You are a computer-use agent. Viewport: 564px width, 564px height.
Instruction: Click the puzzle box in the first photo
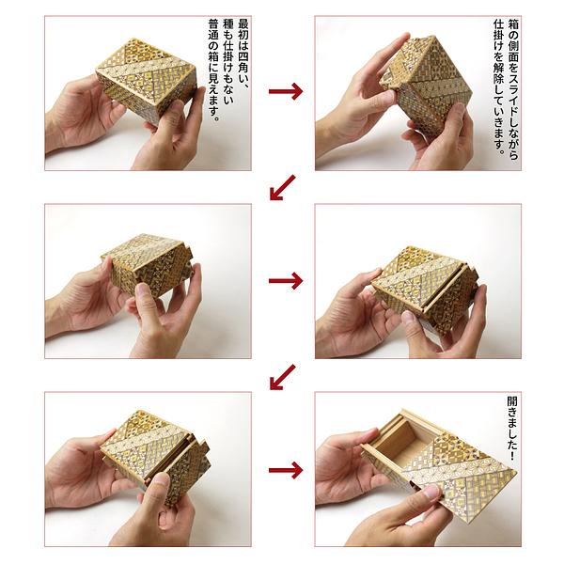[x=147, y=81]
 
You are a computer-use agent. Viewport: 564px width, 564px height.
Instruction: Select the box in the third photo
[x=149, y=264]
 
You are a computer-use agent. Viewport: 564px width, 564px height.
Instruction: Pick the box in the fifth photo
[x=155, y=451]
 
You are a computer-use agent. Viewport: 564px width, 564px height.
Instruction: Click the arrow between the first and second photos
[x=286, y=91]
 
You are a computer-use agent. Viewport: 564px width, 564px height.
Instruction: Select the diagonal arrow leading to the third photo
[x=282, y=187]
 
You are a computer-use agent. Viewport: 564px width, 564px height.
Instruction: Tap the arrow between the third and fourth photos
[x=286, y=280]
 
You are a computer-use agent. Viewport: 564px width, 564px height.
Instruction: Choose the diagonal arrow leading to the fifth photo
[x=282, y=377]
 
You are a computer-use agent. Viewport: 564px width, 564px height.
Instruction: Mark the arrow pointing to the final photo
[x=286, y=470]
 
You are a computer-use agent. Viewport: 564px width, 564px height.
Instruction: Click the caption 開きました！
[x=512, y=428]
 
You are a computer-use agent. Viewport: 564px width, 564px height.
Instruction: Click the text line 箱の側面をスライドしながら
[x=513, y=89]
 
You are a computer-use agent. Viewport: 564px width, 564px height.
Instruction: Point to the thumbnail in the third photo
[x=143, y=290]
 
